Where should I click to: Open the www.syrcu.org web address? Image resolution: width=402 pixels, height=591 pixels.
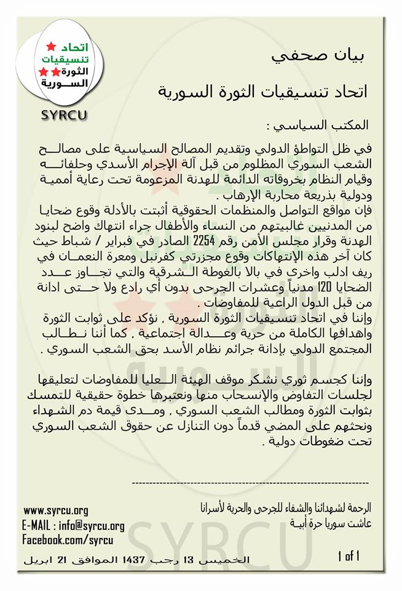(x=56, y=510)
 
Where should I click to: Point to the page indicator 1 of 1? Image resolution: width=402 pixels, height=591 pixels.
(x=347, y=557)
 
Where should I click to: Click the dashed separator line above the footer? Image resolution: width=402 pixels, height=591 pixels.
(x=250, y=484)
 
